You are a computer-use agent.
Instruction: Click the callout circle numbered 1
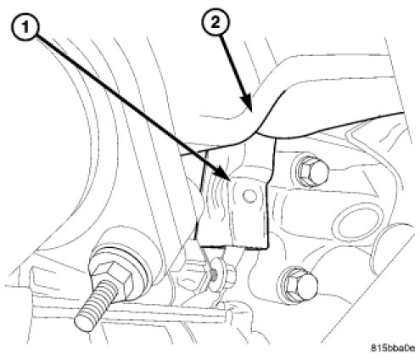pos(25,28)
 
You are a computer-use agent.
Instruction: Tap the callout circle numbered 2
pos(216,22)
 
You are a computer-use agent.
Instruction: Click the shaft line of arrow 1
pos(129,104)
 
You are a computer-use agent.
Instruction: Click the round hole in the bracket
pos(249,196)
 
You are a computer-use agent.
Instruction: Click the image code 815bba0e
pos(393,348)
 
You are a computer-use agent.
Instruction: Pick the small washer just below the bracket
pos(216,274)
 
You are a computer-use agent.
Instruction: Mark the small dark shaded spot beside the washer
pos(214,274)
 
